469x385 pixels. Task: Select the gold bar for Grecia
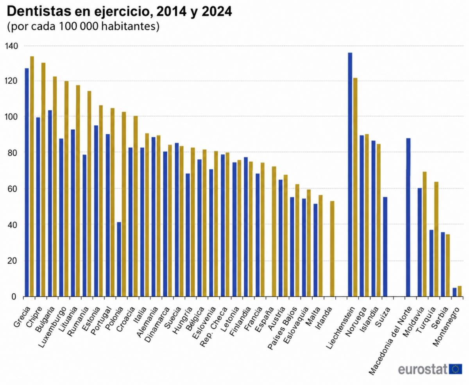32,176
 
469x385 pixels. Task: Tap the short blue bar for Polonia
119,259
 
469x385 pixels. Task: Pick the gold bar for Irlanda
332,249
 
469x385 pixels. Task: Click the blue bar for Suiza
385,247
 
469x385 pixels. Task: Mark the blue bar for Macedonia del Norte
408,217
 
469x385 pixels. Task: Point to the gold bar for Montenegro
460,291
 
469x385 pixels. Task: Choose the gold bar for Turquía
436,239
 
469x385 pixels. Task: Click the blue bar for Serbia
443,264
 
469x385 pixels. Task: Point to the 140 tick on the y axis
11,46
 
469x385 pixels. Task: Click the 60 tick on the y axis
12,189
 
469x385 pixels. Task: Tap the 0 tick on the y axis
14,296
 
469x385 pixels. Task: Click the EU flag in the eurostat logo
455,369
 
